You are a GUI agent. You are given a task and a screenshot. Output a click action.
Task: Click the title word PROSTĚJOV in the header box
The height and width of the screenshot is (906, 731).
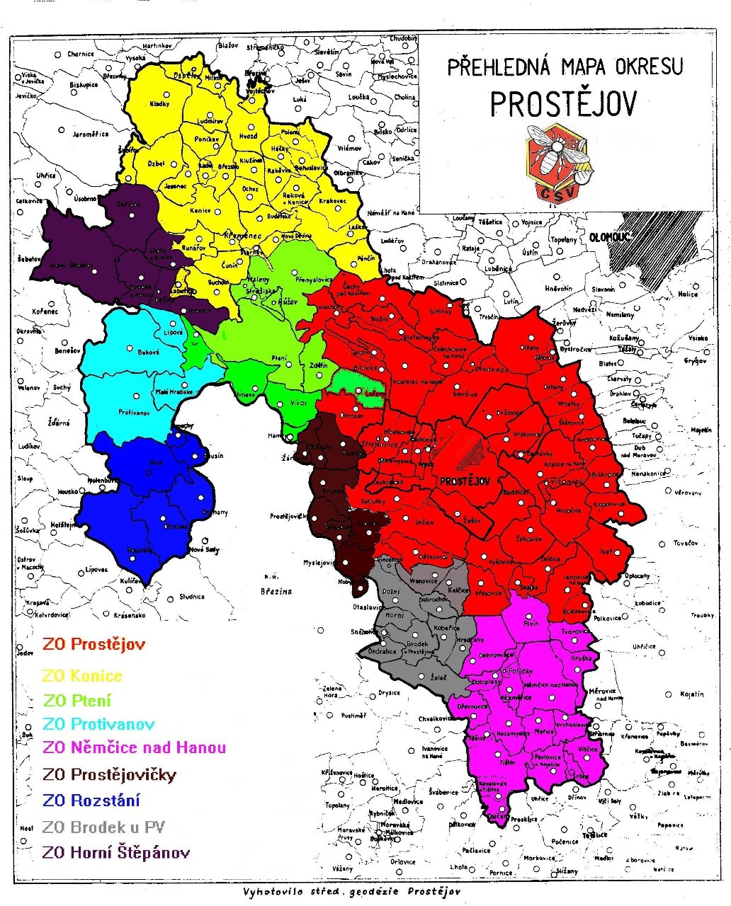pos(563,103)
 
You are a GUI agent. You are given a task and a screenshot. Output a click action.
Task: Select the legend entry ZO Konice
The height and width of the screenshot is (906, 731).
pos(82,676)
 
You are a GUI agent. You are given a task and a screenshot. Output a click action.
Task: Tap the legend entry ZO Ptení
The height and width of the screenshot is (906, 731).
pos(77,701)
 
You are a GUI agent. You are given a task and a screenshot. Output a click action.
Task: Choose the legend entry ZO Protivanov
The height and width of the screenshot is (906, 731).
pos(98,724)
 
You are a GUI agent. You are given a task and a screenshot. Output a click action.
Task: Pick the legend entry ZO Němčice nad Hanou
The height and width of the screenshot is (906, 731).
pos(135,747)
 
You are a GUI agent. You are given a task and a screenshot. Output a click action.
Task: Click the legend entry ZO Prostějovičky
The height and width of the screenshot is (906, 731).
pos(109,774)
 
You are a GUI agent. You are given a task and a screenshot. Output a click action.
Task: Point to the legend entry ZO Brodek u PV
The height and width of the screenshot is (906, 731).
pos(103,827)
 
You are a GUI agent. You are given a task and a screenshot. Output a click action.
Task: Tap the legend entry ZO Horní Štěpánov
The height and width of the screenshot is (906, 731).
pos(116,852)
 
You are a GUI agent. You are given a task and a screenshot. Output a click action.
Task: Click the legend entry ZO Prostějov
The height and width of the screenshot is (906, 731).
pos(93,644)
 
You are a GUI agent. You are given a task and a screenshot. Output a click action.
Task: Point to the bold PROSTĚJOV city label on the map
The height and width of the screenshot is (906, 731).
pos(465,481)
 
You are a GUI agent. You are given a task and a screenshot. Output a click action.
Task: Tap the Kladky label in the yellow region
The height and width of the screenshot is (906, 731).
pos(160,104)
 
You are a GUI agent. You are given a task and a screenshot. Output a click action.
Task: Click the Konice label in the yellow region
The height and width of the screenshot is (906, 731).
pos(200,210)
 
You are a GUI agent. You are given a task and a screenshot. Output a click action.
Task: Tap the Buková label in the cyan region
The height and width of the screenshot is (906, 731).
pos(148,352)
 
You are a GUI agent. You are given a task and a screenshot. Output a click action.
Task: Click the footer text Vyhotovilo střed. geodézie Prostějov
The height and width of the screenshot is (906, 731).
pos(351,891)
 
